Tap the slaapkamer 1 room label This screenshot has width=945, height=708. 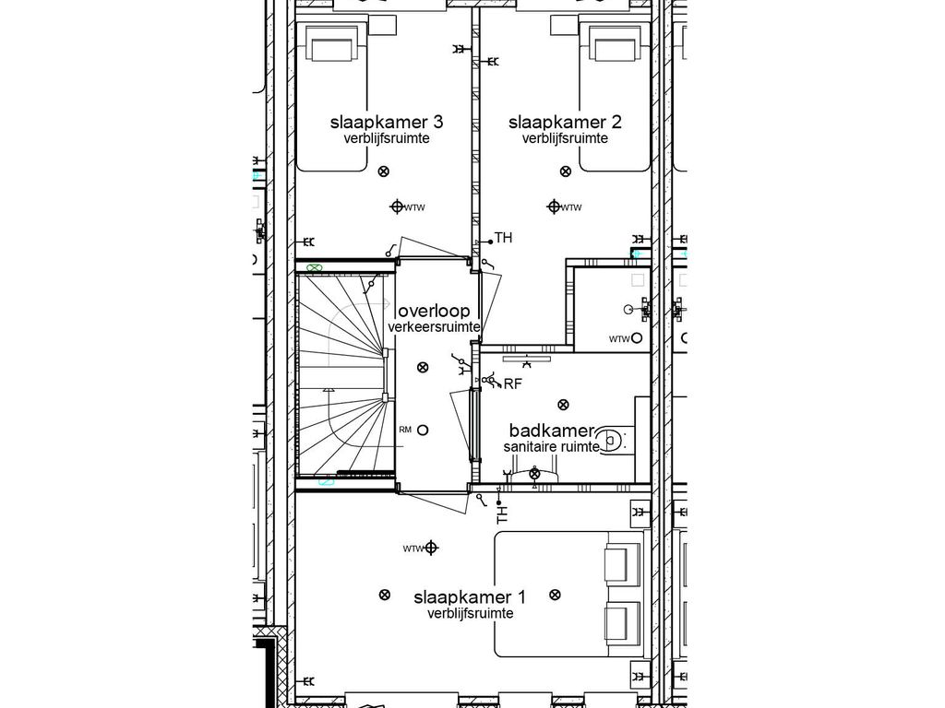[470, 596]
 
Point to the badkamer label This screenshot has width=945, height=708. [551, 431]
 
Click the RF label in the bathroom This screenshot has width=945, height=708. [513, 383]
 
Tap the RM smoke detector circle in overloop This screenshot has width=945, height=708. [423, 430]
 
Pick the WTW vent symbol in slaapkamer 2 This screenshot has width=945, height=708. [554, 206]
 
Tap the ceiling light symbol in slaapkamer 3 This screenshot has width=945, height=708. [384, 170]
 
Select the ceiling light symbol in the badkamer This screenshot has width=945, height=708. [563, 403]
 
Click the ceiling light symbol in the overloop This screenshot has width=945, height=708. [423, 367]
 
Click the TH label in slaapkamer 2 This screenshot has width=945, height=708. [503, 239]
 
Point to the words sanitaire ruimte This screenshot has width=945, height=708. [552, 446]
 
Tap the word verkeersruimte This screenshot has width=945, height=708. [435, 327]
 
